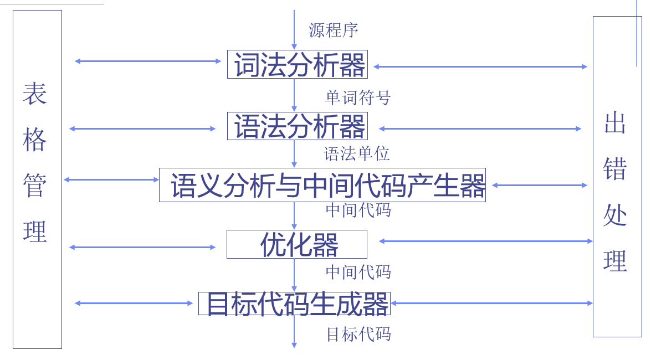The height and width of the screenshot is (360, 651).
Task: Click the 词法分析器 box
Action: click(298, 64)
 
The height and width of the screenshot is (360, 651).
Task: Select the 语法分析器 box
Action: click(298, 126)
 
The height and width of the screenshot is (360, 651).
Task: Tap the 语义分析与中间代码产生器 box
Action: click(322, 185)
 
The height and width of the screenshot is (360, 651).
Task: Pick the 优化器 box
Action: click(297, 244)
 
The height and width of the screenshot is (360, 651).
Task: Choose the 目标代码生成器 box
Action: click(294, 304)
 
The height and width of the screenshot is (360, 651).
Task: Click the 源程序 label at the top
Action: click(334, 30)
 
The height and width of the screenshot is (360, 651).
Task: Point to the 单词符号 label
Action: click(358, 98)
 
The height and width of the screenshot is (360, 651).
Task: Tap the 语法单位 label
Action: click(357, 153)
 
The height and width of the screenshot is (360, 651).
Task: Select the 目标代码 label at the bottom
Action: click(358, 334)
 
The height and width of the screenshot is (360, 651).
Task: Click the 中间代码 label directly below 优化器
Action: click(358, 272)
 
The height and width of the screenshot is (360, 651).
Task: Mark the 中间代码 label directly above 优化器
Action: click(358, 210)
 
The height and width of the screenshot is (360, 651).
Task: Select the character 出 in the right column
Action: click(615, 122)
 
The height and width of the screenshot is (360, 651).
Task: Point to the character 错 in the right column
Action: click(615, 168)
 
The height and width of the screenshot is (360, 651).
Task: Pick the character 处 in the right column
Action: click(615, 214)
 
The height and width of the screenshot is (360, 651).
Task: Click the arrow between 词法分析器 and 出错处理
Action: click(480, 66)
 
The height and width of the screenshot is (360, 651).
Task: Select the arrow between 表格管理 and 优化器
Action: click(142, 247)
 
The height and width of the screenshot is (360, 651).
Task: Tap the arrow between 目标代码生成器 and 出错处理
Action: click(491, 303)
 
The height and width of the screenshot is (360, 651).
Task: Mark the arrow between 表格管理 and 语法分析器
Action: click(142, 128)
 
